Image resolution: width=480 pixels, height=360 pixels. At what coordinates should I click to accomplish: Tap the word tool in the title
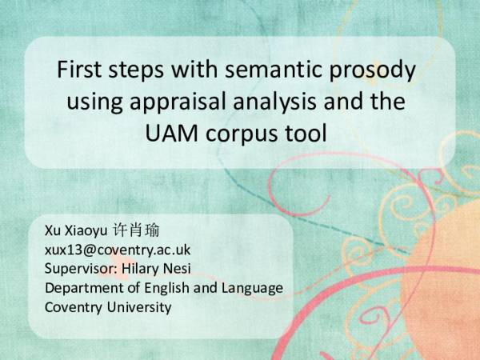tap(310, 133)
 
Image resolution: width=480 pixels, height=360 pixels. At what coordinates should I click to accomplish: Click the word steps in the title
tap(145, 70)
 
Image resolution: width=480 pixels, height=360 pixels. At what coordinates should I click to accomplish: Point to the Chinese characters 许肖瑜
tap(137, 231)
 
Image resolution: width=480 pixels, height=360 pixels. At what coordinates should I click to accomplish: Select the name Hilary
tap(146, 269)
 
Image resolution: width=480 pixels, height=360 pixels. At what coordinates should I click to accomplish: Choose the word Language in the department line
tap(254, 288)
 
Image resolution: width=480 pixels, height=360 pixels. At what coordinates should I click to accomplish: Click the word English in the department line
tap(169, 288)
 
